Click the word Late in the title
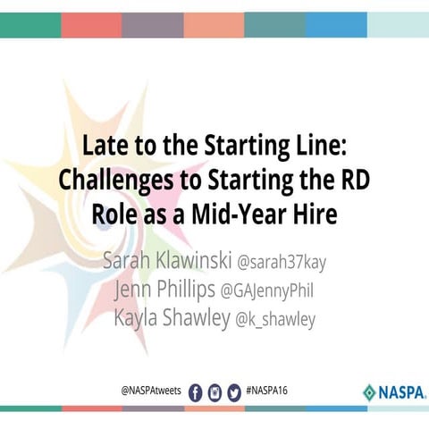click(x=101, y=144)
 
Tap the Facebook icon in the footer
click(x=196, y=391)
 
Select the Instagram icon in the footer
click(x=214, y=391)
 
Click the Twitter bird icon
click(x=234, y=391)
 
